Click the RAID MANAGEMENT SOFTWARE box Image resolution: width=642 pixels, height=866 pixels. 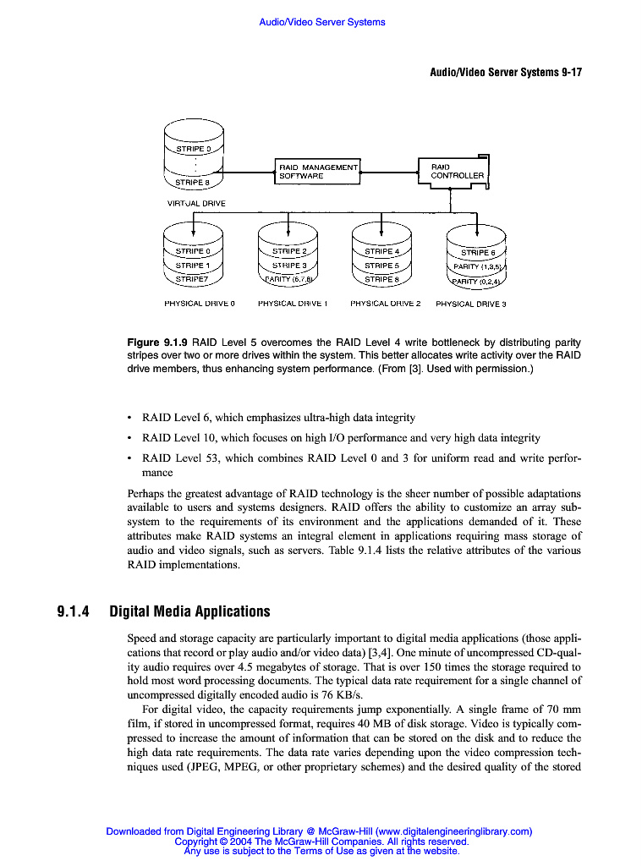pos(318,172)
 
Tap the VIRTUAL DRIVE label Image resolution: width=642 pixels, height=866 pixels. pos(196,203)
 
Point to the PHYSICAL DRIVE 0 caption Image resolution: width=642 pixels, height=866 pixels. pos(199,303)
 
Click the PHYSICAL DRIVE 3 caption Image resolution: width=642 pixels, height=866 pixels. pos(470,304)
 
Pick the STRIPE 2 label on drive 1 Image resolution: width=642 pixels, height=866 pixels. pos(289,251)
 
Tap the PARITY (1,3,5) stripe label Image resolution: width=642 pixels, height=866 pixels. pos(478,267)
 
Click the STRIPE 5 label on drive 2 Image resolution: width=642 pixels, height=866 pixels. pos(381,265)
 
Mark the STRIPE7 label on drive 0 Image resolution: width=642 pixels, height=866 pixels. pos(192,278)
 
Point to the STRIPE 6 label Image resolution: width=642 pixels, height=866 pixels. pos(478,253)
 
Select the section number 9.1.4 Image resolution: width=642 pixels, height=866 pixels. pos(74,611)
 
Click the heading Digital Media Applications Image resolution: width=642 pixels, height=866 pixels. pos(189,611)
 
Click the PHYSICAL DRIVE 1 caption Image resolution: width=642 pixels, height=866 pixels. pos(292,303)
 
